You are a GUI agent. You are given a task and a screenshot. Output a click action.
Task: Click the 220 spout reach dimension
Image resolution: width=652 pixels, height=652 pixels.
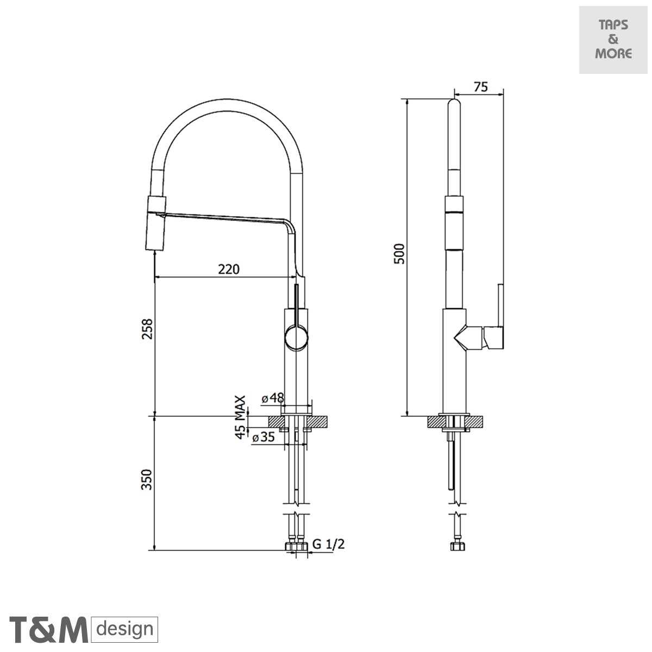[229, 268]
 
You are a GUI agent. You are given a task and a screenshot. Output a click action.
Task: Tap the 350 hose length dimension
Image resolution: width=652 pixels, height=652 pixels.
[147, 479]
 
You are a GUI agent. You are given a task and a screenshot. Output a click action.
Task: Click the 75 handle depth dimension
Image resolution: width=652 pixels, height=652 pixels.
[480, 87]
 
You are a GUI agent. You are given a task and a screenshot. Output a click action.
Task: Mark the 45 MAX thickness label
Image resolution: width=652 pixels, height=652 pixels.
[240, 416]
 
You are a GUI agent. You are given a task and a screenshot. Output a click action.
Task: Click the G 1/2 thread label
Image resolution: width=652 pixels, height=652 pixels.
[329, 544]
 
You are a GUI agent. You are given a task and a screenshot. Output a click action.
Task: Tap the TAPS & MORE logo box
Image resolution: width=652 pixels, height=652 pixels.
[613, 40]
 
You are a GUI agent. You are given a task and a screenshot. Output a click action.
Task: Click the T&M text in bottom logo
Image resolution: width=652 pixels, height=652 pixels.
[49, 630]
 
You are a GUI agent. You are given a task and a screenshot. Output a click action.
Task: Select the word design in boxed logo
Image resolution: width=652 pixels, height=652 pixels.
[125, 630]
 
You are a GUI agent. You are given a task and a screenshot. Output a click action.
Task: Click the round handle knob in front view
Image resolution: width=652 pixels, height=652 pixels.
[297, 337]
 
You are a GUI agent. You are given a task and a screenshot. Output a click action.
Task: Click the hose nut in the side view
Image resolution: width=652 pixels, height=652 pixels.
[455, 547]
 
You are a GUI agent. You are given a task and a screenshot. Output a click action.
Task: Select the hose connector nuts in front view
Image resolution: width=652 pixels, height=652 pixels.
[297, 547]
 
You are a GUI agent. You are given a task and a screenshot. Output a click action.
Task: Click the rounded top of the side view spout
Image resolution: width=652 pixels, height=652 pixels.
[455, 104]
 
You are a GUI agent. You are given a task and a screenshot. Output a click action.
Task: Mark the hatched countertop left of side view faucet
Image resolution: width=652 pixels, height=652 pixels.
[436, 422]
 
